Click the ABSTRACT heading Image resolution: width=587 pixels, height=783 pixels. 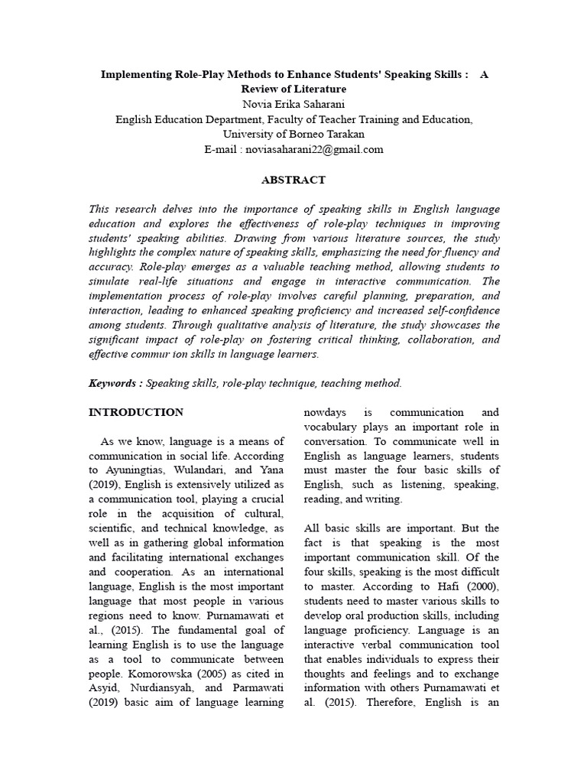click(x=293, y=180)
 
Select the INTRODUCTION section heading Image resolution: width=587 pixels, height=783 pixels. click(x=136, y=412)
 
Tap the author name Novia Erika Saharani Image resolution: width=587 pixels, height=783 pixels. click(x=293, y=104)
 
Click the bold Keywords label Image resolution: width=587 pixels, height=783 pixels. click(x=113, y=383)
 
